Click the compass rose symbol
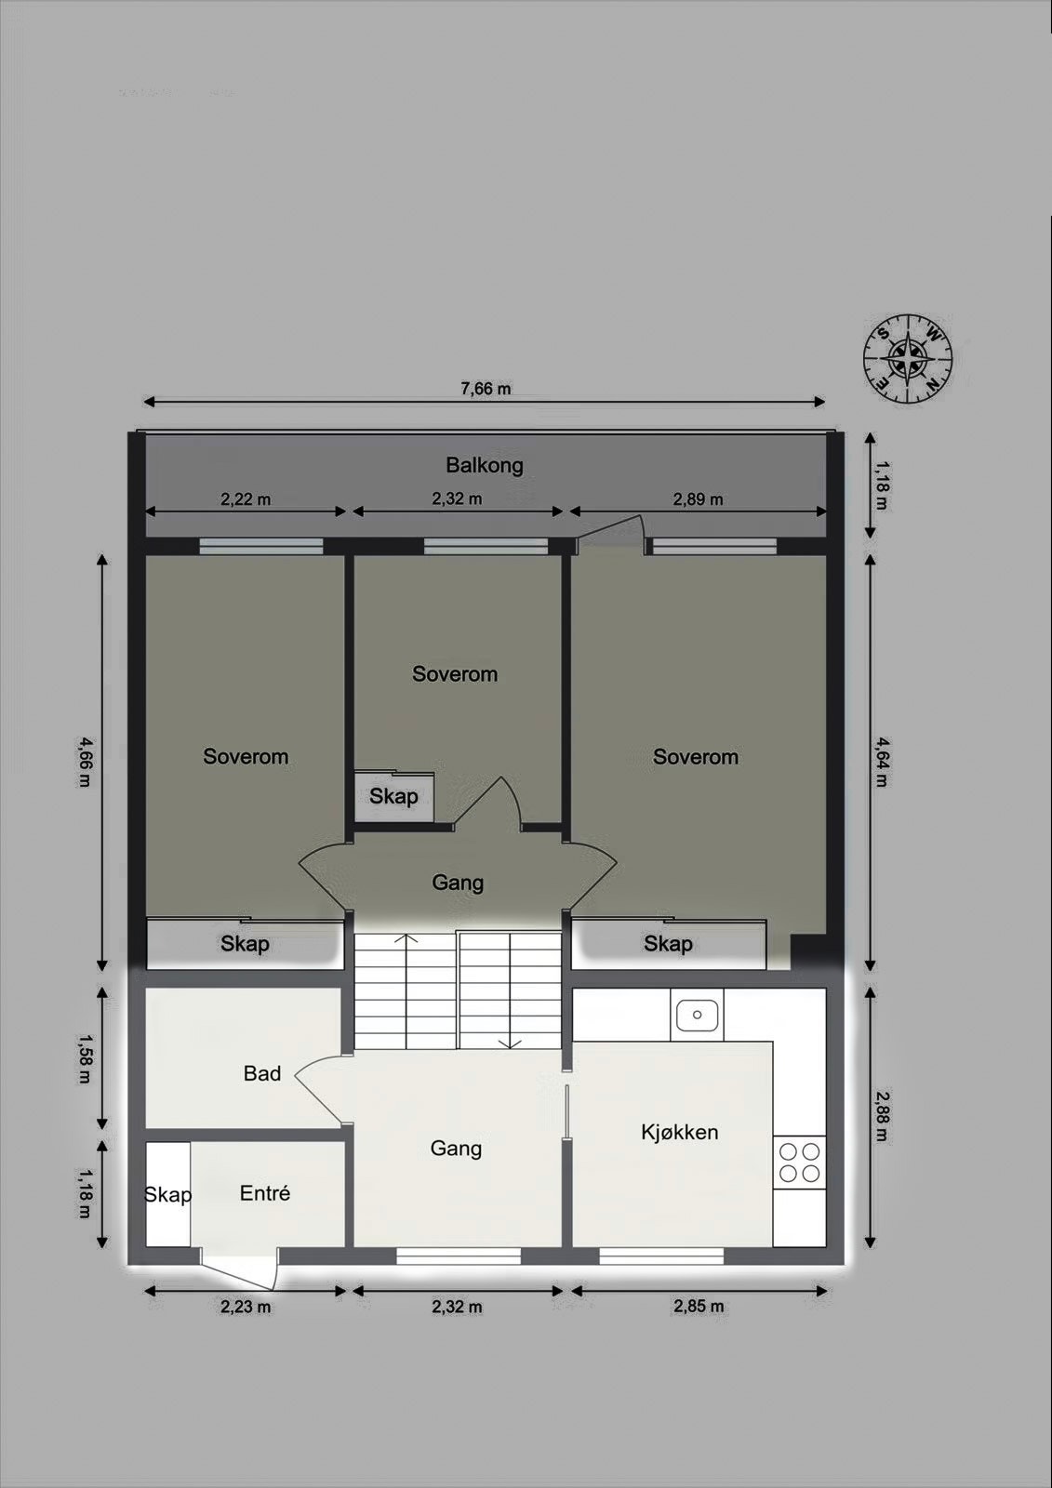[x=908, y=358]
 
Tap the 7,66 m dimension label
[x=486, y=389]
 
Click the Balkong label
[x=484, y=465]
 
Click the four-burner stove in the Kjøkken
[x=799, y=1162]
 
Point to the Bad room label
[x=261, y=1073]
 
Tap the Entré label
[x=265, y=1193]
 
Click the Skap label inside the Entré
[x=168, y=1194]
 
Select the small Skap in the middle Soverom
[x=393, y=796]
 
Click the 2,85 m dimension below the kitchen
[x=699, y=1307]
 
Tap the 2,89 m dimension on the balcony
[x=698, y=499]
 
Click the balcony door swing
[x=610, y=534]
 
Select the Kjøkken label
[x=679, y=1132]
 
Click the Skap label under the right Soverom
[x=668, y=944]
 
